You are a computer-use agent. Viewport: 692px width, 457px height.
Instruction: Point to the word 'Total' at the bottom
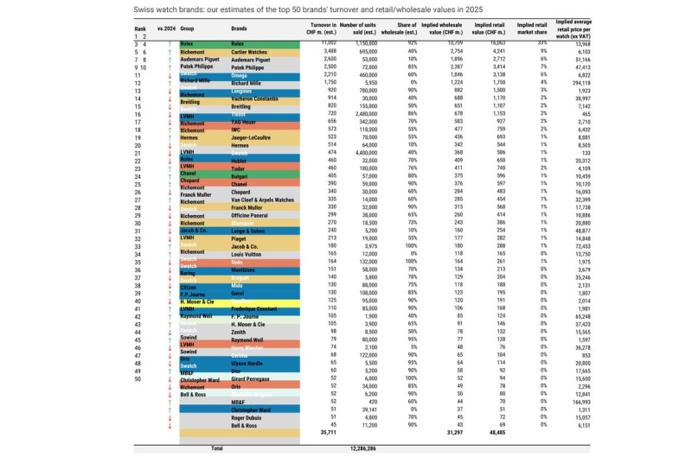click(217, 448)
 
